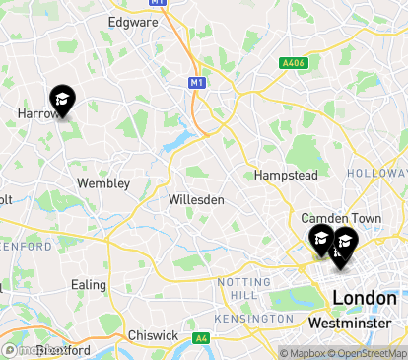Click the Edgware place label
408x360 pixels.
point(133,20)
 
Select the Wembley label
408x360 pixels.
point(103,183)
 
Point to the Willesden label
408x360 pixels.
point(196,199)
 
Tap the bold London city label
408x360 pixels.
point(365,297)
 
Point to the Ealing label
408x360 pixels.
point(89,285)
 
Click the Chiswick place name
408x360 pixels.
point(153,335)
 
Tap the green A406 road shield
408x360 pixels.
point(292,63)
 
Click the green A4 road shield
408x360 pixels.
point(201,338)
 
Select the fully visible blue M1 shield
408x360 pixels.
point(197,83)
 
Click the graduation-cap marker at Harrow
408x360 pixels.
point(62,100)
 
